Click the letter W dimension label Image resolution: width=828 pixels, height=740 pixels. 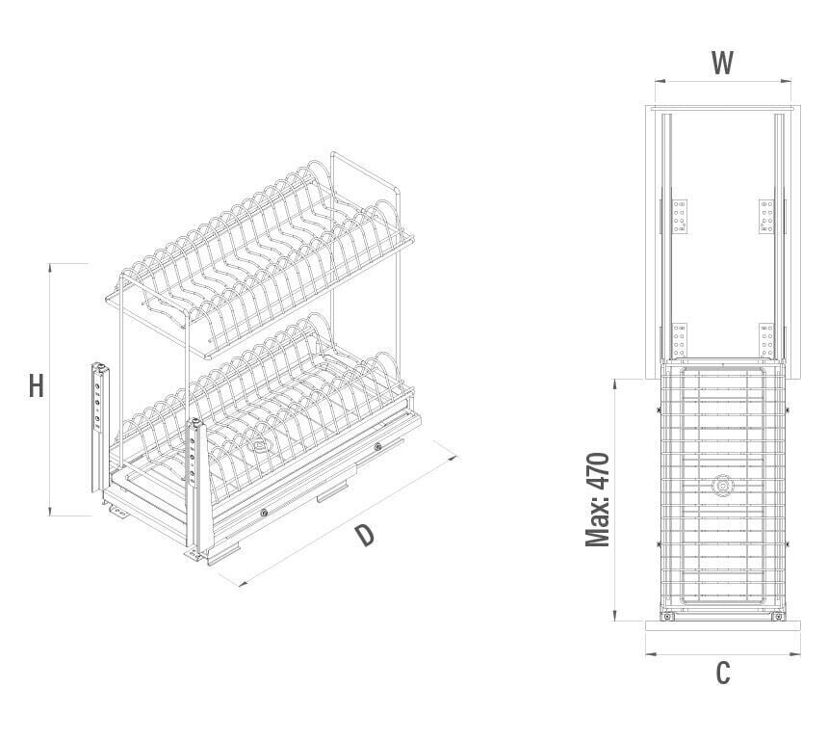tap(722, 63)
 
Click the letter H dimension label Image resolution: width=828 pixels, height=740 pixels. tap(36, 385)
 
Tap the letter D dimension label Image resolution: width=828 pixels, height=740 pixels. tap(364, 535)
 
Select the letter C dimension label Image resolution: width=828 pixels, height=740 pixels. tap(723, 673)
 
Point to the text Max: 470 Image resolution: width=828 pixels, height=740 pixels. tap(598, 499)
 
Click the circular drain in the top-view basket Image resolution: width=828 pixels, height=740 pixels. tap(722, 486)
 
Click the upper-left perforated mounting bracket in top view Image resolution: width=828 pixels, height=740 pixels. tap(680, 217)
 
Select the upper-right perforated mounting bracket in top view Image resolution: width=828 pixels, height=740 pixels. tap(766, 217)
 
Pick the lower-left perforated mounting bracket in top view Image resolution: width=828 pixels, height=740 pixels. tap(680, 340)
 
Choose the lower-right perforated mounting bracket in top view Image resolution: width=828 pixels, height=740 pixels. tap(766, 340)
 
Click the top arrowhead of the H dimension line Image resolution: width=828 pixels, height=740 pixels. tap(50, 267)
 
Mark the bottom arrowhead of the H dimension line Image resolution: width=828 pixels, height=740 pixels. tap(50, 512)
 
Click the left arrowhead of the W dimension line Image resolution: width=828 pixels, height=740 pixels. tap(659, 81)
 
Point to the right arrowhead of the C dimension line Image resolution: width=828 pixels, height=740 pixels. tap(795, 655)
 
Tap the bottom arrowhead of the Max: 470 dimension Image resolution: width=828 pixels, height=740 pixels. tap(615, 617)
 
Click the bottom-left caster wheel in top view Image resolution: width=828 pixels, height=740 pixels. tap(667, 617)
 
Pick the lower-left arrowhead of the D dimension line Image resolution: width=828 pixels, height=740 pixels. tap(243, 583)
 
